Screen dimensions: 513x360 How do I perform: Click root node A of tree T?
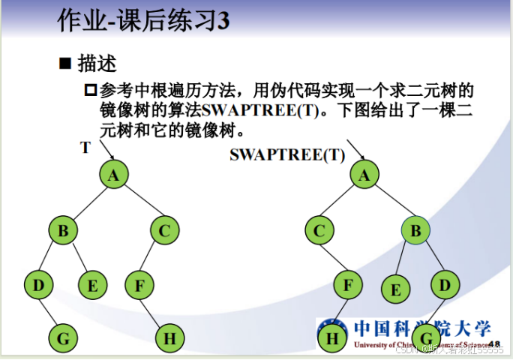point(114,175)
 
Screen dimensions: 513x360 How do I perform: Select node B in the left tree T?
point(63,230)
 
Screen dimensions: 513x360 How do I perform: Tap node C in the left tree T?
point(165,230)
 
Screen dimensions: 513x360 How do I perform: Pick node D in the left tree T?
point(38,285)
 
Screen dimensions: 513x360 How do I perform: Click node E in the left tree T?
point(92,285)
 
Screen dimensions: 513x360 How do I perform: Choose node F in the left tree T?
point(139,285)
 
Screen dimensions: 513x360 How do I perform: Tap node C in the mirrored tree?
point(319,230)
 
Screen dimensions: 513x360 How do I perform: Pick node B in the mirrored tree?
point(415,230)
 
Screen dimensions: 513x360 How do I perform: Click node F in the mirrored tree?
point(348,285)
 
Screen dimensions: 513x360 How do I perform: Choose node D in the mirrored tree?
point(445,285)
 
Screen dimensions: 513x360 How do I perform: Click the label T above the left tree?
point(85,148)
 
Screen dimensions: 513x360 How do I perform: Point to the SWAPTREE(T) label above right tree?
point(287,155)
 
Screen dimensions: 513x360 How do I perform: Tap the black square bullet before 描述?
point(65,63)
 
